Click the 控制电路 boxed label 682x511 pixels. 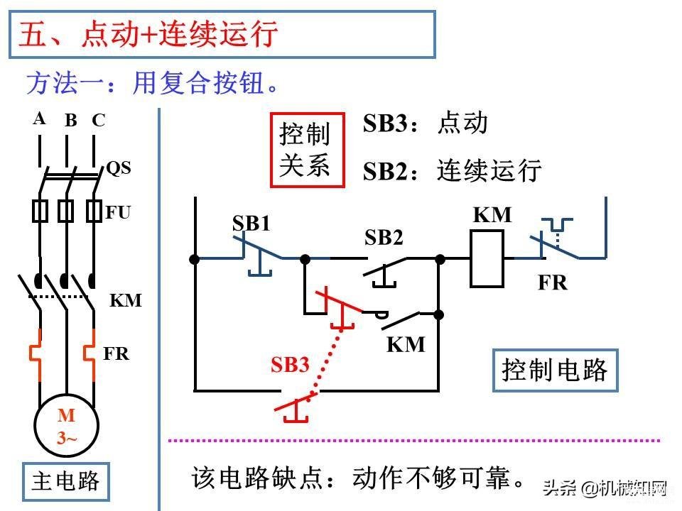click(x=555, y=370)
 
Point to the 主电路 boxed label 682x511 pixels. click(x=65, y=481)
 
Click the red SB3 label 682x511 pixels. click(x=290, y=364)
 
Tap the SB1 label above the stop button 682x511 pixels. click(x=251, y=224)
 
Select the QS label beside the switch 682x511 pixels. click(x=119, y=167)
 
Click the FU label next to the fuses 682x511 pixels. click(x=118, y=212)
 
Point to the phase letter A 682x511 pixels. click(x=39, y=119)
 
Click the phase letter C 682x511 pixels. click(x=98, y=120)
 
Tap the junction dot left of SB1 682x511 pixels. click(x=195, y=260)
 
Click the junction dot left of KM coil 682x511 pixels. click(x=440, y=260)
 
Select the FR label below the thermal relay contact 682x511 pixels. click(x=553, y=282)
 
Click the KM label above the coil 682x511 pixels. click(x=492, y=214)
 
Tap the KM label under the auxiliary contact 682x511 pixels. click(x=406, y=344)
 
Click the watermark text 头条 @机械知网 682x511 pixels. click(x=605, y=488)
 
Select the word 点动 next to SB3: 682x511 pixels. click(x=462, y=123)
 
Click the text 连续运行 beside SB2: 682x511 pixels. click(x=489, y=170)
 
